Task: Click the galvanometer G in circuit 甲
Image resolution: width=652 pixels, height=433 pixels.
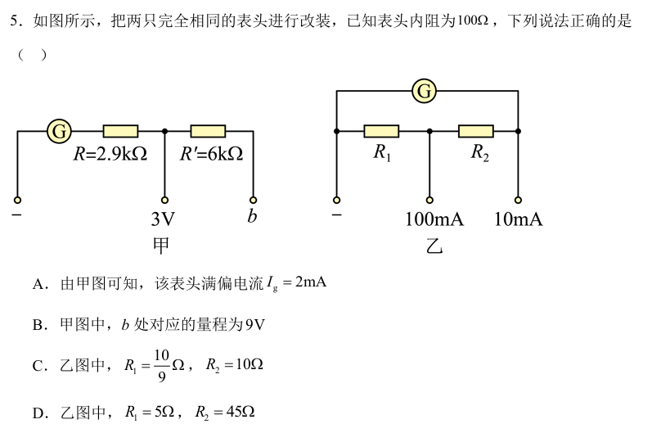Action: (x=60, y=130)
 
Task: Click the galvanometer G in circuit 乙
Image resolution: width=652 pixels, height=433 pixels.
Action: (x=425, y=91)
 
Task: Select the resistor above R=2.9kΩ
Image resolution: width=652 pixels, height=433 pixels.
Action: (x=120, y=131)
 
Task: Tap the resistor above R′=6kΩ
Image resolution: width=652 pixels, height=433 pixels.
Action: (x=208, y=131)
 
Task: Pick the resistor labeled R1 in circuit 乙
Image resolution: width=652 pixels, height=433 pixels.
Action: (x=381, y=131)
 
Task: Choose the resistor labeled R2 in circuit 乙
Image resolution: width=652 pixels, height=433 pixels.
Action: (x=475, y=131)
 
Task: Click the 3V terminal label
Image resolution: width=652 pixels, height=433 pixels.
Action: (x=164, y=219)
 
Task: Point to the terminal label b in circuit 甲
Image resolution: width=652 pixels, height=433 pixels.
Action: (x=252, y=218)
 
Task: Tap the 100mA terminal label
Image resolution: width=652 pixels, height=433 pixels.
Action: (x=434, y=219)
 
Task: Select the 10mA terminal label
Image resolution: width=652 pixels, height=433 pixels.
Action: (x=519, y=219)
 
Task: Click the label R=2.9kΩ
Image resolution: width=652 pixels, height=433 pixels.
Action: (x=110, y=154)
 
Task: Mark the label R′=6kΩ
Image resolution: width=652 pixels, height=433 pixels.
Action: (x=211, y=154)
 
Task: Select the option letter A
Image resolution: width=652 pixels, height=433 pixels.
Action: (x=38, y=284)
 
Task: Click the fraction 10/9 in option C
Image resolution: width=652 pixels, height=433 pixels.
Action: (x=160, y=365)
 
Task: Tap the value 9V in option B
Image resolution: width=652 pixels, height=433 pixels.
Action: (x=255, y=325)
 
